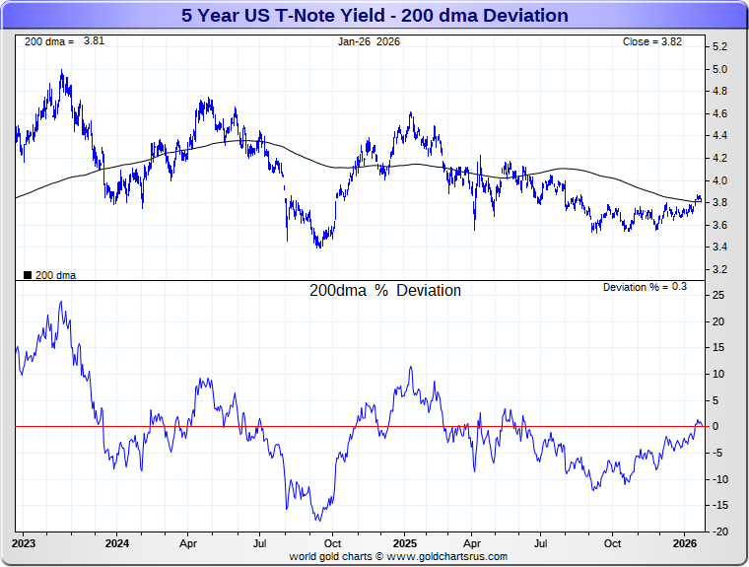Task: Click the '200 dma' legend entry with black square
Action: [x=49, y=275]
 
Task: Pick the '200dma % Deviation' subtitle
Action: [x=384, y=291]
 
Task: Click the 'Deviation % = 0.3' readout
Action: [x=645, y=287]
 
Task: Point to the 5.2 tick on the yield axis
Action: [x=719, y=47]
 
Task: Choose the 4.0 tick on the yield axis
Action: [x=719, y=180]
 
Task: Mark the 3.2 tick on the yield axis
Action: [x=719, y=269]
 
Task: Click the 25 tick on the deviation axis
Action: [x=718, y=296]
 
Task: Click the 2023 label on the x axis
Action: [x=25, y=543]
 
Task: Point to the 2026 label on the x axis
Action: [x=684, y=543]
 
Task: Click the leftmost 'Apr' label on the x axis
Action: [x=188, y=543]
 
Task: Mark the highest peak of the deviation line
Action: [x=62, y=302]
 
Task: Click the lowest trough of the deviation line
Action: [x=318, y=521]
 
